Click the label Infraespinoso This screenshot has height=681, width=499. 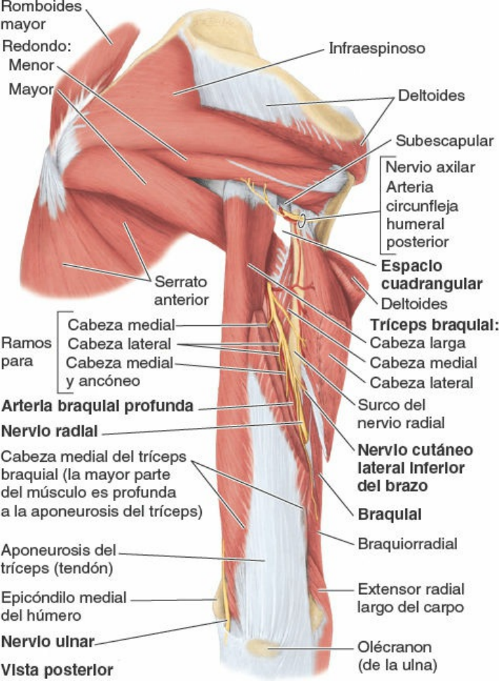pyautogui.click(x=376, y=48)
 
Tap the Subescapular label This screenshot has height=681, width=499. pyautogui.click(x=444, y=141)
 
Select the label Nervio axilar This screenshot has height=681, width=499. pyautogui.click(x=430, y=167)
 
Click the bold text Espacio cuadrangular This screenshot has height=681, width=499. pyautogui.click(x=432, y=275)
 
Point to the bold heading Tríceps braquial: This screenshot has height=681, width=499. pyautogui.click(x=434, y=324)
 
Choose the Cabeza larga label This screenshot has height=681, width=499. pyautogui.click(x=418, y=343)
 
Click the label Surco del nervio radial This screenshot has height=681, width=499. pyautogui.click(x=400, y=413)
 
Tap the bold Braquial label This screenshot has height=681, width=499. pyautogui.click(x=389, y=514)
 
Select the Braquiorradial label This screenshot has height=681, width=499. pyautogui.click(x=407, y=544)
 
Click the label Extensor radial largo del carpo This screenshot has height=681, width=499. pyautogui.click(x=411, y=598)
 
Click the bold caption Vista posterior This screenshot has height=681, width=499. pyautogui.click(x=57, y=670)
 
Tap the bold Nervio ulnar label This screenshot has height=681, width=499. pyautogui.click(x=48, y=642)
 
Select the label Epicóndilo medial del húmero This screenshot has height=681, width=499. pyautogui.click(x=63, y=606)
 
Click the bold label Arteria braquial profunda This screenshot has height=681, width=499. pyautogui.click(x=97, y=406)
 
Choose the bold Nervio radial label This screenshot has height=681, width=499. pyautogui.click(x=50, y=432)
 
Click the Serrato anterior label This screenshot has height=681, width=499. pyautogui.click(x=181, y=291)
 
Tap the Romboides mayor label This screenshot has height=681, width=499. pyautogui.click(x=41, y=15)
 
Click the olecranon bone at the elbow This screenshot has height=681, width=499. pyautogui.click(x=263, y=648)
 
